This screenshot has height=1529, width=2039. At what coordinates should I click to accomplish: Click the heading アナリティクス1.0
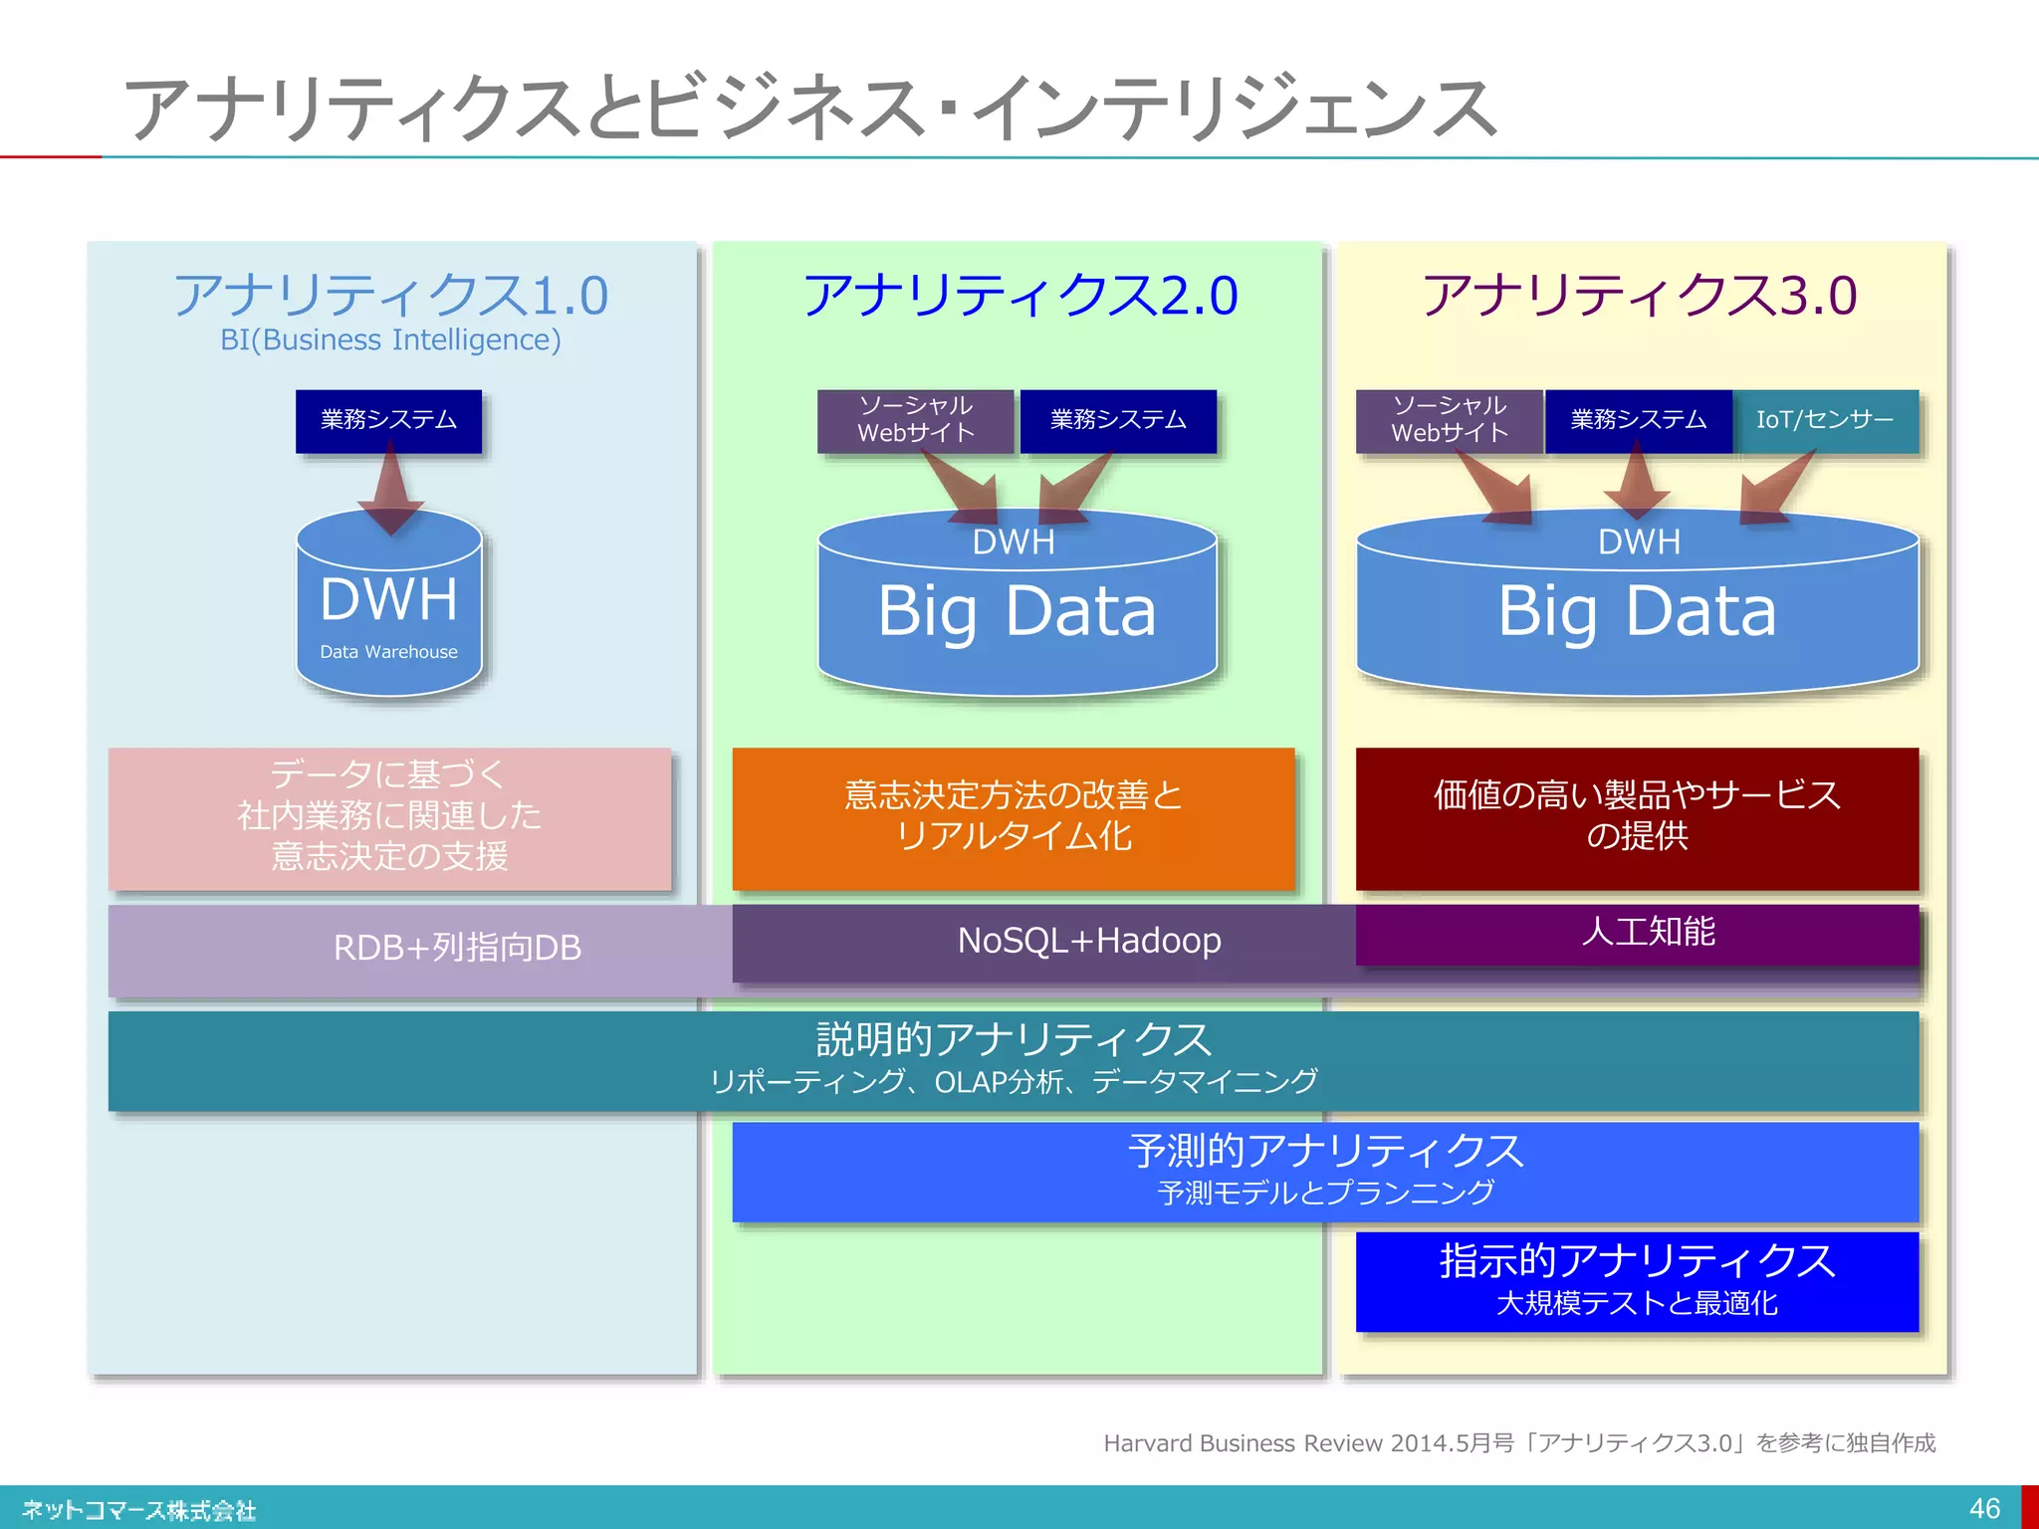pos(390,295)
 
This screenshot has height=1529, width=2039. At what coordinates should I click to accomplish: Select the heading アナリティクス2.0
pos(1019,295)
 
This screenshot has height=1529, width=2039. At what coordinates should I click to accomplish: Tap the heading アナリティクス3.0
pos(1639,295)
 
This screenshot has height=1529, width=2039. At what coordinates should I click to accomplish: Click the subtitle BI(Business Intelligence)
pos(390,340)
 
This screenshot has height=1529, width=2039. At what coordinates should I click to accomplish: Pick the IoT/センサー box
pos(1824,420)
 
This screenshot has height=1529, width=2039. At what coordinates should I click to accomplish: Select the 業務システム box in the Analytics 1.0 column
pos(388,420)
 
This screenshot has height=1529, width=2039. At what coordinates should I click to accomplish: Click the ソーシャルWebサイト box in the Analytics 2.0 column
pos(915,420)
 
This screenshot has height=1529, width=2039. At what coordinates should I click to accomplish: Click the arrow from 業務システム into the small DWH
pos(389,488)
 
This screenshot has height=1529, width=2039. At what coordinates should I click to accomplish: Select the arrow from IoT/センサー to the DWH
pos(1777,487)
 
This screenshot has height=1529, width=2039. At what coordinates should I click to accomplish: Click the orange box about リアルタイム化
pos(1013,816)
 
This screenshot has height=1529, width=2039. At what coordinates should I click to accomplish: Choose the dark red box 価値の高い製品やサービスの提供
pos(1637,816)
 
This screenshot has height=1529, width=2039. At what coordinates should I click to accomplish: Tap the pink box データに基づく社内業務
pos(389,816)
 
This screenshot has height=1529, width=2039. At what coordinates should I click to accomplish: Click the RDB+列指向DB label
pos(456,948)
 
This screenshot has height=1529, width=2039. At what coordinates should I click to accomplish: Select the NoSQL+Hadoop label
pos(1088,941)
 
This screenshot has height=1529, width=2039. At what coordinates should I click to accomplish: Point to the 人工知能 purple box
pos(1648,933)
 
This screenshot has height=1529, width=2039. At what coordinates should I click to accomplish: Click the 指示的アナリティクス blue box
pos(1637,1280)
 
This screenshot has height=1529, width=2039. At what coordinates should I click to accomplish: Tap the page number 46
pos(1983,1508)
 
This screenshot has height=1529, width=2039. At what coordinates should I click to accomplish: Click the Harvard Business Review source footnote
pos(1518,1442)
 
